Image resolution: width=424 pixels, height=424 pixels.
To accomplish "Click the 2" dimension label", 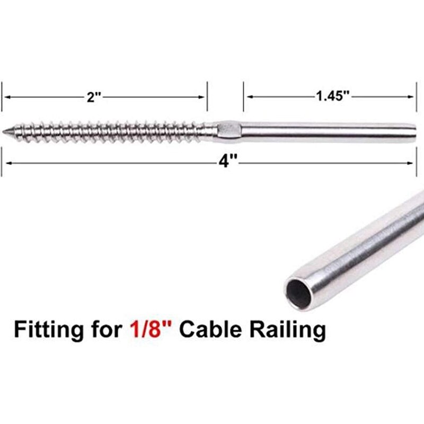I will (x=94, y=96).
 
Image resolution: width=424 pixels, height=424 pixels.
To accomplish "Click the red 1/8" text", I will (x=152, y=330).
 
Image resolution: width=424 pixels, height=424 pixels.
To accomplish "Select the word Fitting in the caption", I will (x=46, y=330).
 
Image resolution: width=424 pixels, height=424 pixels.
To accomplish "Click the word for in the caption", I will (x=104, y=330).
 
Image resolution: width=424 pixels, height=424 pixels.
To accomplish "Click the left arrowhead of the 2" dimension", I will (x=6, y=97).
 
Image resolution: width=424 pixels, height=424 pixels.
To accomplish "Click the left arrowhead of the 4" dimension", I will (x=6, y=163).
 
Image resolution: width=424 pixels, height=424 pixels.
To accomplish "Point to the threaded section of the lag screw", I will (x=106, y=130).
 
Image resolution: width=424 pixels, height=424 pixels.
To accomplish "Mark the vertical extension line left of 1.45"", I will (x=244, y=97).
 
